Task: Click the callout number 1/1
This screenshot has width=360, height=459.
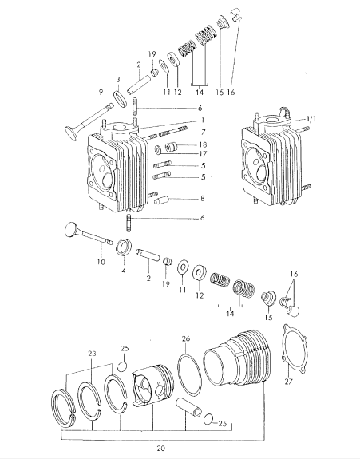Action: pos(311,119)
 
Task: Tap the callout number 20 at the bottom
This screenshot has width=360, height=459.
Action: pos(160,448)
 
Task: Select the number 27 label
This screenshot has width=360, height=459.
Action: pos(289,382)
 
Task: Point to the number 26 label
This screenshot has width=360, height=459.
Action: pos(186,338)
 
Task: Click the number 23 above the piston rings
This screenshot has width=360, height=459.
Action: pos(92,354)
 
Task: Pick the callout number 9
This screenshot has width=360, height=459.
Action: pos(101,93)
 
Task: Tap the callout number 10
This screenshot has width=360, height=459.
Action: pos(101,261)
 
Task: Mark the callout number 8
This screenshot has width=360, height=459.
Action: pos(203,199)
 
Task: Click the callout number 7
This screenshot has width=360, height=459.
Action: pos(203,132)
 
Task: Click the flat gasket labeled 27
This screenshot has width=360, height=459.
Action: pos(295,349)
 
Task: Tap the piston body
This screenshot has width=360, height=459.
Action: pos(152,386)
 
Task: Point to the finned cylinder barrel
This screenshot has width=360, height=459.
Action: pos(235,362)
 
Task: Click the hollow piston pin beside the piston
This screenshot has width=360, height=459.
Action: pos(188,407)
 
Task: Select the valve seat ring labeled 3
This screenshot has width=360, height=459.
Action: pos(121,99)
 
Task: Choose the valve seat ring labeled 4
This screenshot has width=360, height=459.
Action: pos(124,247)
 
